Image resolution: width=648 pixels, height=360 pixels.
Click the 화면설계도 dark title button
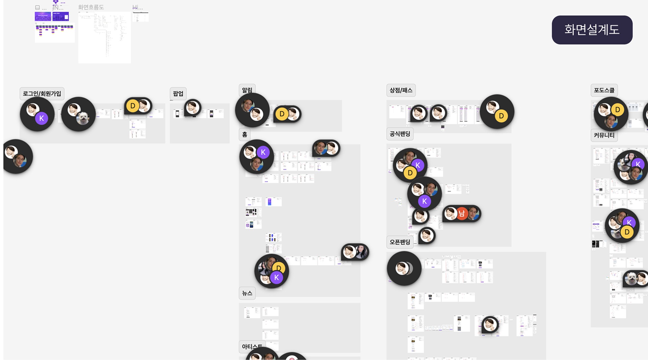(x=592, y=30)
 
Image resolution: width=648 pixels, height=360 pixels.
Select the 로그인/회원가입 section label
(x=42, y=94)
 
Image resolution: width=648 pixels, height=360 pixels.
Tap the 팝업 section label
(x=178, y=94)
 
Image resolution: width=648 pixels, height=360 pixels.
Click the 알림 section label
(x=247, y=90)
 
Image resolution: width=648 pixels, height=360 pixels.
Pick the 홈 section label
(x=244, y=135)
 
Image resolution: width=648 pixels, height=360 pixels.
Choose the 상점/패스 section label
(x=401, y=90)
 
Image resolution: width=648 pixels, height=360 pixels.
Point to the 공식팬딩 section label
(x=400, y=134)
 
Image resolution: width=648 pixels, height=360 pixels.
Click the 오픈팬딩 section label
(x=400, y=242)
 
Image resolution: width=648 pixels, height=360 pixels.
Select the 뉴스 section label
(x=247, y=293)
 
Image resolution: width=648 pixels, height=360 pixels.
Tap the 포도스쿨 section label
(x=604, y=90)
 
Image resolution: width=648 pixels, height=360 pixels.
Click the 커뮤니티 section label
(x=604, y=135)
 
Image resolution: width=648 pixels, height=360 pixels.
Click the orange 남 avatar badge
(x=462, y=213)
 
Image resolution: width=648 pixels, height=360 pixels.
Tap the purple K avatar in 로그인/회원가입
(x=42, y=118)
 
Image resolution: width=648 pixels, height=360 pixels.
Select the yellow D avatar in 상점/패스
(x=501, y=116)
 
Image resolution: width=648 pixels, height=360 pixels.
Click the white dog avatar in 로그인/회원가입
(x=83, y=118)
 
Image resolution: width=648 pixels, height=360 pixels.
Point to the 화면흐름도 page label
(x=91, y=7)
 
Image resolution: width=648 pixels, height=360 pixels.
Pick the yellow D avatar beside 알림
(x=282, y=114)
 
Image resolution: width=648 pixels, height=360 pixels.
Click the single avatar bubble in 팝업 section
(x=193, y=107)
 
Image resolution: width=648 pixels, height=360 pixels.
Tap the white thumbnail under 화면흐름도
(x=104, y=37)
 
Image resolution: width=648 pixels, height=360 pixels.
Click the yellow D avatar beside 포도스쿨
(x=617, y=110)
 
